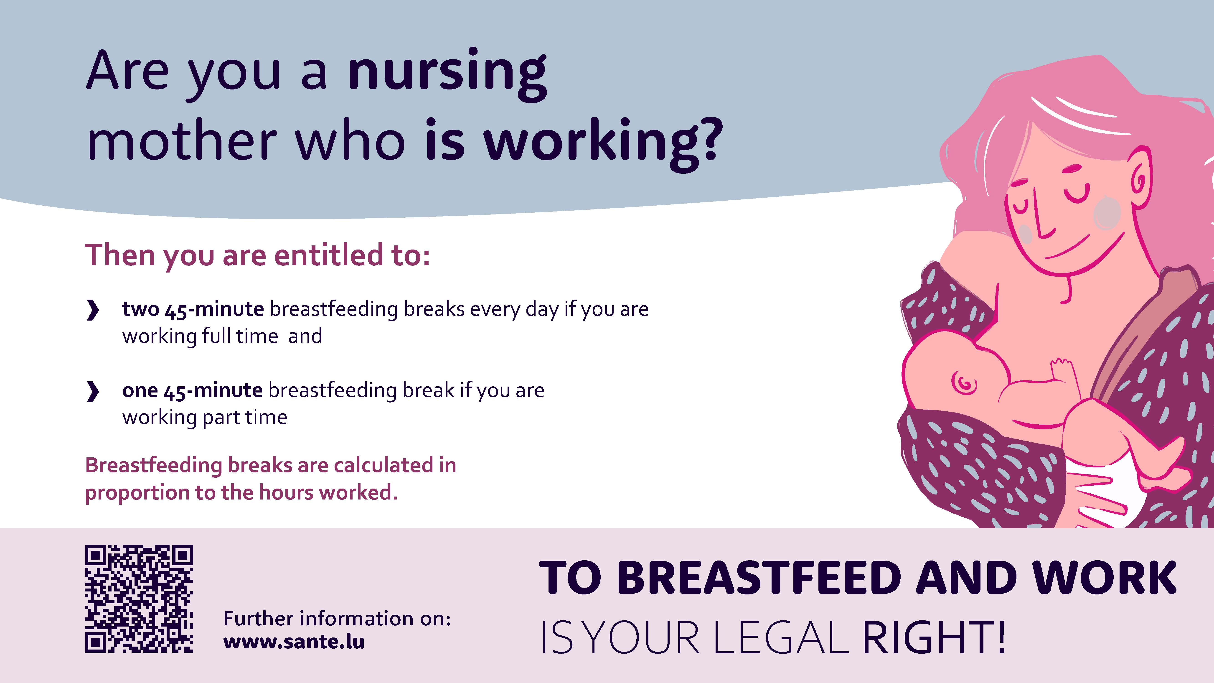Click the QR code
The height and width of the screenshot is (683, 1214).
tap(139, 599)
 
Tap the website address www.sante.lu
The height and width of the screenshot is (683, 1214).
tap(294, 642)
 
